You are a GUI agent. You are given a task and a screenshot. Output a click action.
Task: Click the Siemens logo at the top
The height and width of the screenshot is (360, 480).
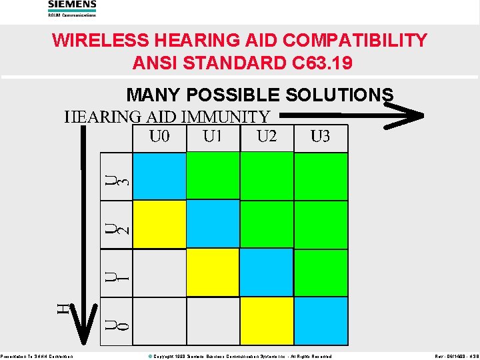(72, 6)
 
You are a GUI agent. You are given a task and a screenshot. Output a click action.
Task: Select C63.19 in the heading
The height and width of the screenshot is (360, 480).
(321, 63)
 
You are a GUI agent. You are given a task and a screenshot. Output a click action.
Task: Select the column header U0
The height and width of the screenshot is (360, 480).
(159, 137)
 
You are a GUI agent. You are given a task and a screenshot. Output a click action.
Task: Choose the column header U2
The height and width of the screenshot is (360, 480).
(267, 137)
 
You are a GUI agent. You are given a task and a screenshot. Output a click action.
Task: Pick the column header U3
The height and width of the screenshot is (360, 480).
(320, 137)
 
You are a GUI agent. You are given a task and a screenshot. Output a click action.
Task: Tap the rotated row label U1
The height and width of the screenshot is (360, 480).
(117, 274)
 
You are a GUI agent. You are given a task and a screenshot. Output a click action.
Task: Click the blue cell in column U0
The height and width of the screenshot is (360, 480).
(159, 176)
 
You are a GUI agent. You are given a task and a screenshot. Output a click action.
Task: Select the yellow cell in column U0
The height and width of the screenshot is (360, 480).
(159, 224)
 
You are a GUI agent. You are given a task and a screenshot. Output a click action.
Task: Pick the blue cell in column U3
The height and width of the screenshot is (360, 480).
(321, 321)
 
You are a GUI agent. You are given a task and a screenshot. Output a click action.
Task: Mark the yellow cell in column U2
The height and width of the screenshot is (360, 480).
(266, 321)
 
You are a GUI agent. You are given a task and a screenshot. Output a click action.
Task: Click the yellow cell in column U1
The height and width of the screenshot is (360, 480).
(213, 272)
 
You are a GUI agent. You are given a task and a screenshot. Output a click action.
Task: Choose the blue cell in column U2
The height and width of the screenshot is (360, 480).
(266, 272)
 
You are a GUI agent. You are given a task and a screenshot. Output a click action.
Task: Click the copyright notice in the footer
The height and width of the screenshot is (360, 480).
(239, 357)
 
